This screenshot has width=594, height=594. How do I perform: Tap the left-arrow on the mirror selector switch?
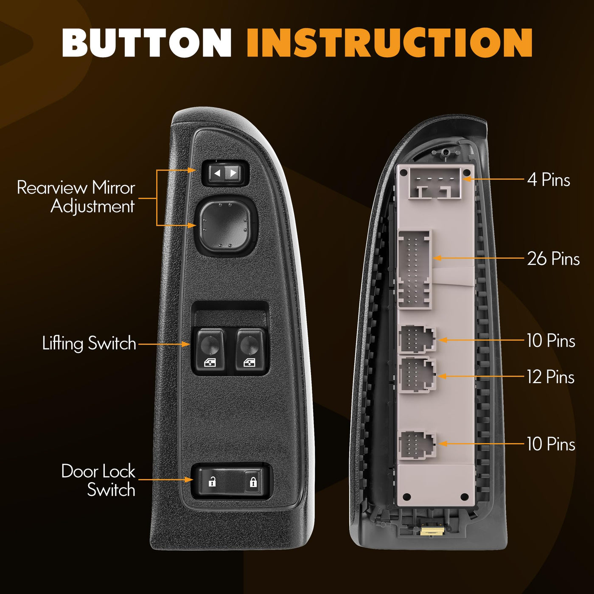(217, 173)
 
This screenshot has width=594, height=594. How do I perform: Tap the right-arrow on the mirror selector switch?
(233, 173)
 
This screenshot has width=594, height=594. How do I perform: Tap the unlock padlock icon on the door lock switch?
(212, 481)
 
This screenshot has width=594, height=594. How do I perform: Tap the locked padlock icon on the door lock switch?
(253, 481)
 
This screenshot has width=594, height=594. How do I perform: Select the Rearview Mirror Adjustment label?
(76, 197)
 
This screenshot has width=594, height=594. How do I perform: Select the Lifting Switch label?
(89, 343)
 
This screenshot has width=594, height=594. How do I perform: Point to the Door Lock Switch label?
(98, 480)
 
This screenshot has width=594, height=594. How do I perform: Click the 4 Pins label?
(548, 179)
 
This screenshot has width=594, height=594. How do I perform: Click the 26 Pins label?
(553, 258)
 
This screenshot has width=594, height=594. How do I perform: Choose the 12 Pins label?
(551, 377)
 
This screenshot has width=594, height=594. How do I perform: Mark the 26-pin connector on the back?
(415, 270)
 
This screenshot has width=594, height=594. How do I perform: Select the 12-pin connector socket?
(417, 375)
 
